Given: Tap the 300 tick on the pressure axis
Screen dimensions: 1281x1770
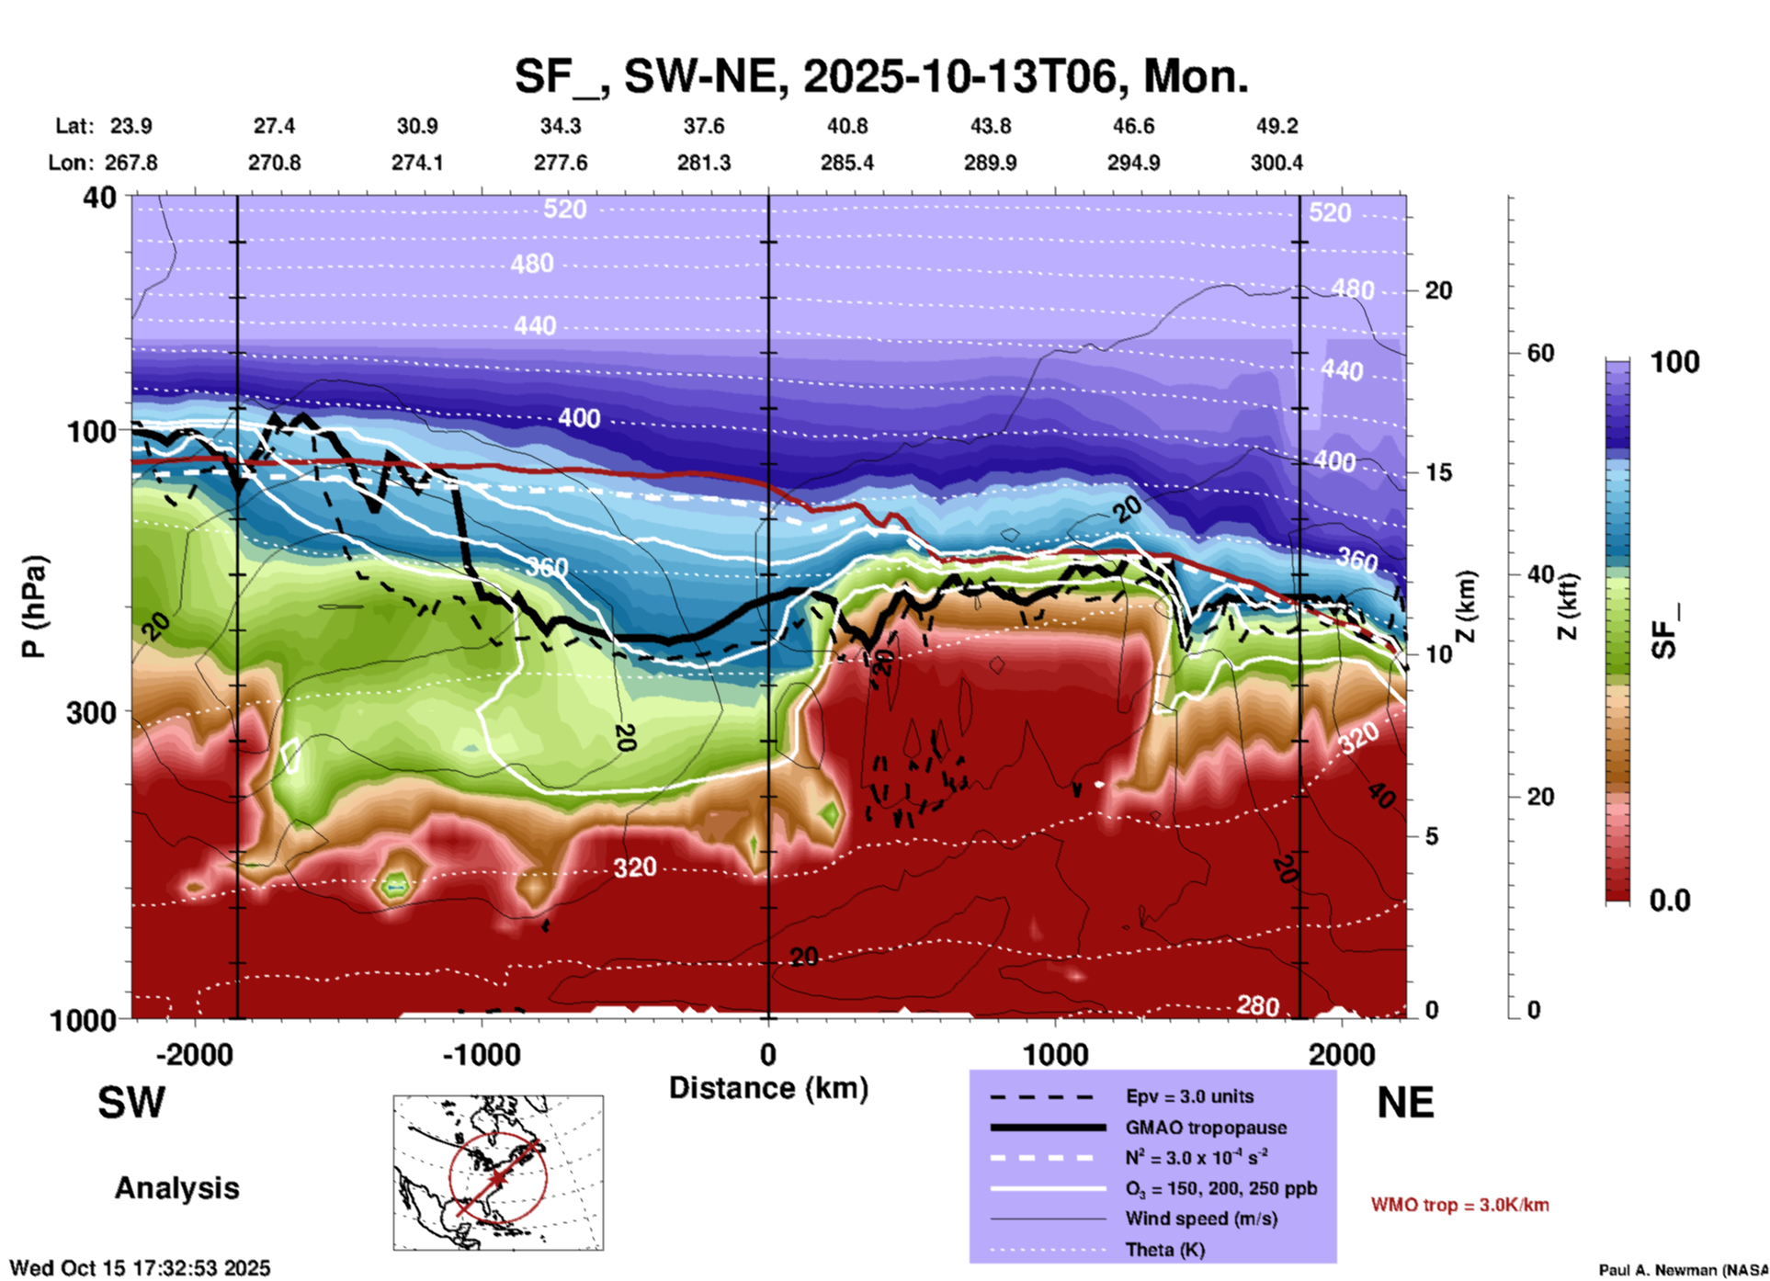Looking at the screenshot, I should [x=91, y=712].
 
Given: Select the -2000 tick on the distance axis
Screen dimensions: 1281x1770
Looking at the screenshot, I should [x=195, y=1054].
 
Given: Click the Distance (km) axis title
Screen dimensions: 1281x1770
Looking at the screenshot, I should [x=768, y=1088].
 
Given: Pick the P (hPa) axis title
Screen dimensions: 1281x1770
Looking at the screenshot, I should [x=34, y=606].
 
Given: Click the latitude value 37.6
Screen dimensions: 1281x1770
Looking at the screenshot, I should [x=704, y=126].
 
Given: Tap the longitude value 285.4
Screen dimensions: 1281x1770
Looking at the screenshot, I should [x=847, y=163].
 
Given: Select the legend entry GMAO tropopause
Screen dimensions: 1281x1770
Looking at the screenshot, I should [x=1206, y=1128].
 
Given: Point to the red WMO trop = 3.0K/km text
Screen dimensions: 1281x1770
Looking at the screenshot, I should [x=1459, y=1205].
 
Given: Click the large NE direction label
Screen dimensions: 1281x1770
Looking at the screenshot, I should [x=1405, y=1103].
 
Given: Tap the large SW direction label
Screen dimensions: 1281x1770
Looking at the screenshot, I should [x=131, y=1103].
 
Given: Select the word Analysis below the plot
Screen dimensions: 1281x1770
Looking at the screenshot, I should [x=176, y=1188].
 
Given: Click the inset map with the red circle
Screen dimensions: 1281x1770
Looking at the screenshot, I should [x=498, y=1173].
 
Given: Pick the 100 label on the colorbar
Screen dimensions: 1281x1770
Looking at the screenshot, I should [x=1674, y=362].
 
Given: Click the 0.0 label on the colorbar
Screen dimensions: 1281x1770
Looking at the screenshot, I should [x=1670, y=901].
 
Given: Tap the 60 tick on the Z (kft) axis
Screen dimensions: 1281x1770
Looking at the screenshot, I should [x=1540, y=353].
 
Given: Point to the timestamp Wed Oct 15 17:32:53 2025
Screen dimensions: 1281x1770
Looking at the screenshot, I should [x=140, y=1268].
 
